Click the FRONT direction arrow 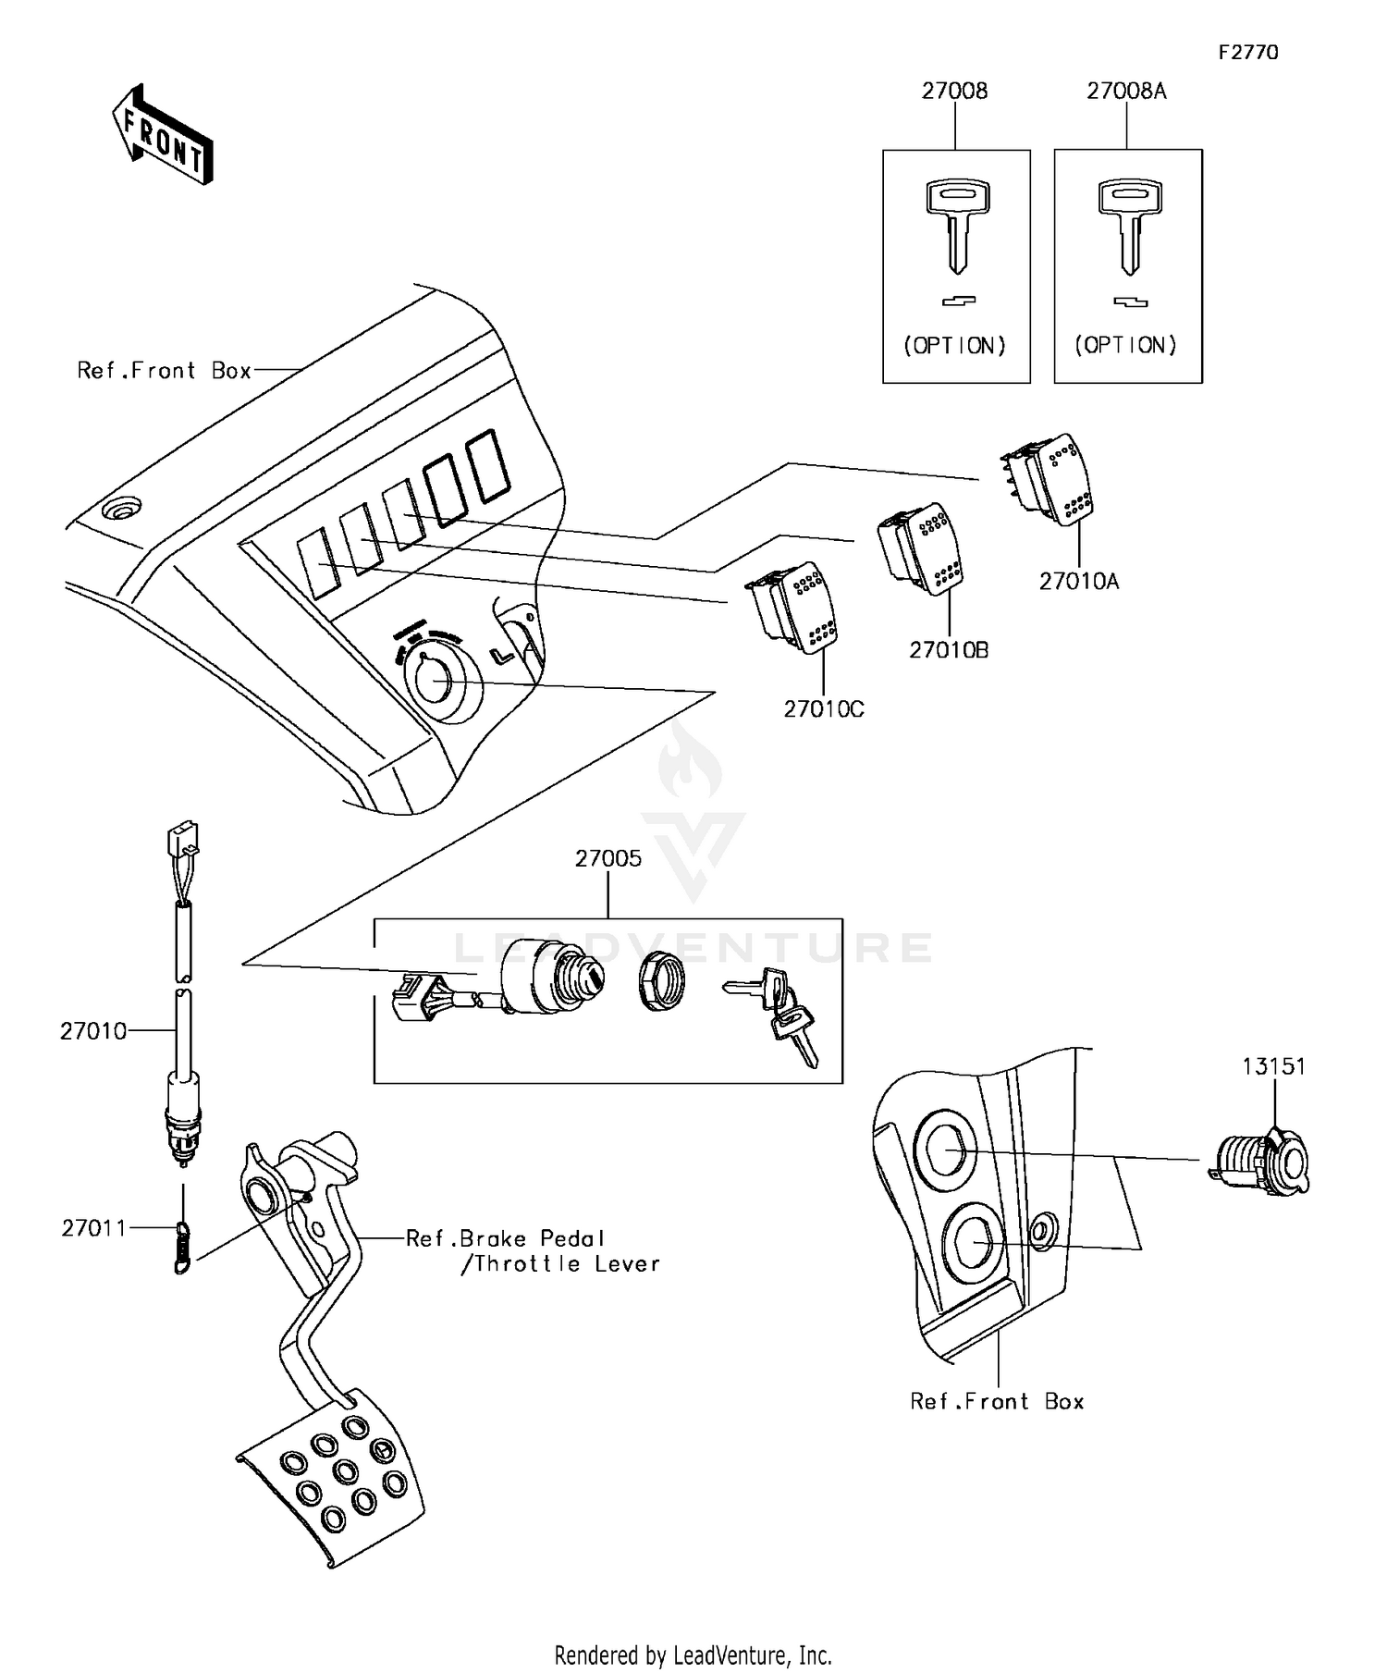(163, 136)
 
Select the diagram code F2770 (1247, 53)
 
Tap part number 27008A (1125, 91)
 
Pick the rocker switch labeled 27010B (923, 547)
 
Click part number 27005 (608, 858)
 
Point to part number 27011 (92, 1228)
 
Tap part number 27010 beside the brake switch (92, 1031)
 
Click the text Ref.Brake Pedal (505, 1238)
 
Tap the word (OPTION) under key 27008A (1125, 345)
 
